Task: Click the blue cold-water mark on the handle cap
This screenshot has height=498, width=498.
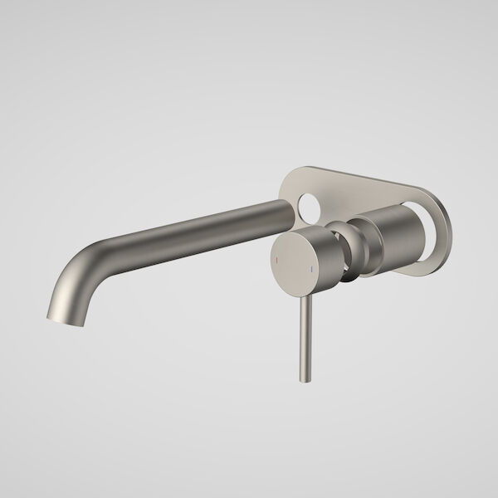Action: [311, 268]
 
